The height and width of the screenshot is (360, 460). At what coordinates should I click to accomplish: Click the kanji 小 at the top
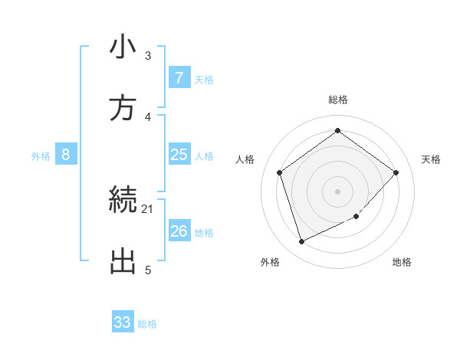(x=123, y=47)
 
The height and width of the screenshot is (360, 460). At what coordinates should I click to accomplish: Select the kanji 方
(x=123, y=108)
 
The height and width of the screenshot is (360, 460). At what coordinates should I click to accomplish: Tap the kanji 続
(x=123, y=201)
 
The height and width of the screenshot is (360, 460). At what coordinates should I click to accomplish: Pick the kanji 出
(x=123, y=261)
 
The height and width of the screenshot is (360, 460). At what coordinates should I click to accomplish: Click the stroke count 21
(x=148, y=208)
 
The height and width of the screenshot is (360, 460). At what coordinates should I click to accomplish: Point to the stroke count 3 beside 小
(x=148, y=55)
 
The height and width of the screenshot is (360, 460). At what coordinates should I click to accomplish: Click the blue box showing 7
(x=179, y=78)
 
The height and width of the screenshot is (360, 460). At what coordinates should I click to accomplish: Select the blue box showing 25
(x=179, y=155)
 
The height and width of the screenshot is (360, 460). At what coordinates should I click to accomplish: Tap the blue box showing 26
(x=179, y=231)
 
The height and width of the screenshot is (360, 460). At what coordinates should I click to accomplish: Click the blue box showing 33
(x=123, y=322)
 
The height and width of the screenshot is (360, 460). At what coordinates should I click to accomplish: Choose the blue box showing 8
(x=66, y=155)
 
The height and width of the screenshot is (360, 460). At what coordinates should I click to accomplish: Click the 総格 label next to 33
(x=147, y=324)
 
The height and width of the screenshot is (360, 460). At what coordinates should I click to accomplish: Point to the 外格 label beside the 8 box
(x=41, y=156)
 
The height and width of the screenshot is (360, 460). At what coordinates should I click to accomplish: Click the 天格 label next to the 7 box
(x=204, y=80)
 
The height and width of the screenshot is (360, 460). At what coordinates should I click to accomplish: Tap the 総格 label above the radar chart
(x=337, y=100)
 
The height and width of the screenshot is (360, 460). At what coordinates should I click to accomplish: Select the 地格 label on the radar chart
(x=402, y=263)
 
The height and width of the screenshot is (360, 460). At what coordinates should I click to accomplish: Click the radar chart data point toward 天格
(x=396, y=172)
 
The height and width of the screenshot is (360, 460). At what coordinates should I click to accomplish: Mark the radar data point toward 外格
(x=301, y=242)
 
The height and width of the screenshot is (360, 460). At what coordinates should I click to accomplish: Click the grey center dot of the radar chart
(x=337, y=191)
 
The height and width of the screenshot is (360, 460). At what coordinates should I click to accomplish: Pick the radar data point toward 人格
(x=279, y=172)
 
